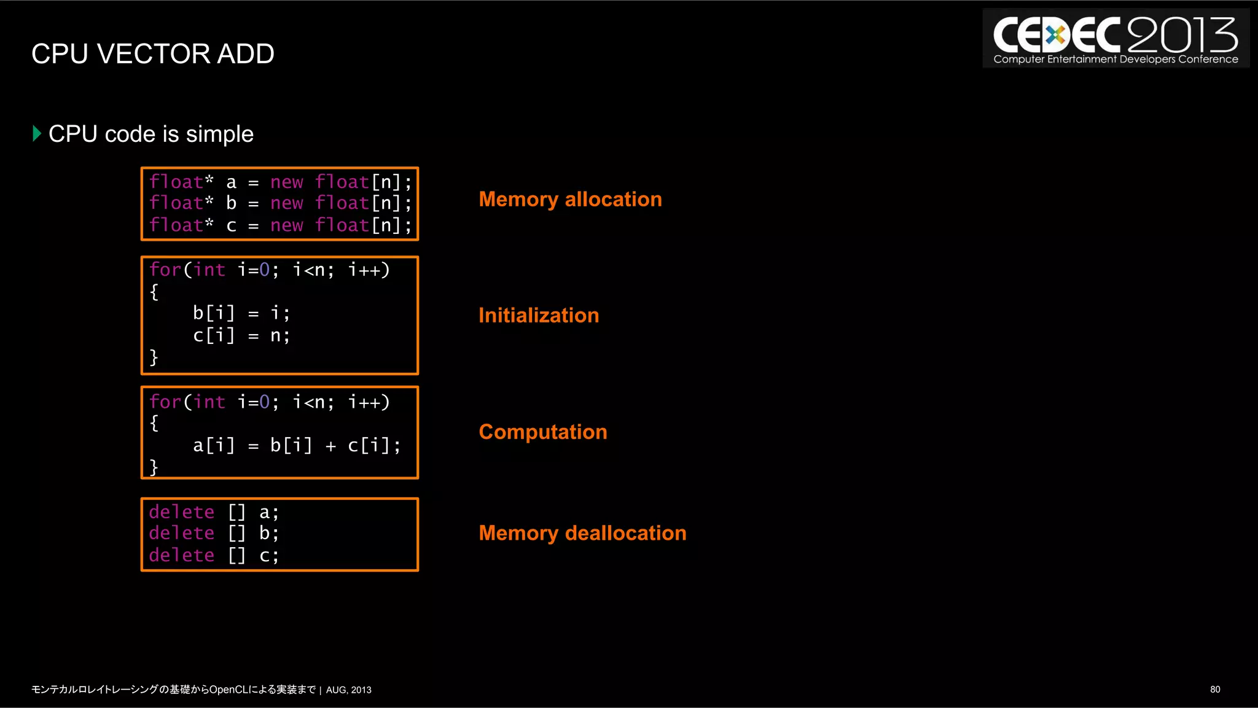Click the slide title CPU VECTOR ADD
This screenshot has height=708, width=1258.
(152, 54)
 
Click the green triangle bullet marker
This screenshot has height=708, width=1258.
(37, 133)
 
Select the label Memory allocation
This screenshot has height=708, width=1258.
(570, 200)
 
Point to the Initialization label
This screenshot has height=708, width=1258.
(538, 316)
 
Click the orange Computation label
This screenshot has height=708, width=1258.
(542, 432)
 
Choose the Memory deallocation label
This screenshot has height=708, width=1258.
(582, 533)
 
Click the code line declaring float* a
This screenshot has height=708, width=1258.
(279, 182)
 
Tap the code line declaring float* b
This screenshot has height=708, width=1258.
(279, 203)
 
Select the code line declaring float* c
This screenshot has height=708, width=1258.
(279, 225)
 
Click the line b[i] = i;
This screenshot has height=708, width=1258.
(241, 313)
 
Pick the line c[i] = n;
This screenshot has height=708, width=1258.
(241, 335)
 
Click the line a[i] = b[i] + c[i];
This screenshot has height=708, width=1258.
(296, 445)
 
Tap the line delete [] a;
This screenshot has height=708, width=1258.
(213, 512)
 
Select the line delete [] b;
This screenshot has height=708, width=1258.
(213, 533)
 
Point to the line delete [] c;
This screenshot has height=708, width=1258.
(213, 555)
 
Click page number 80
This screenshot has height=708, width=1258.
(1214, 690)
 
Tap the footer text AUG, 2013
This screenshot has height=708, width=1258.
(348, 690)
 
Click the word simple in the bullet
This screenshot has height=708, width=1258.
(219, 134)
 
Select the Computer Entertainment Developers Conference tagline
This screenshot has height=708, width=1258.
(1115, 60)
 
